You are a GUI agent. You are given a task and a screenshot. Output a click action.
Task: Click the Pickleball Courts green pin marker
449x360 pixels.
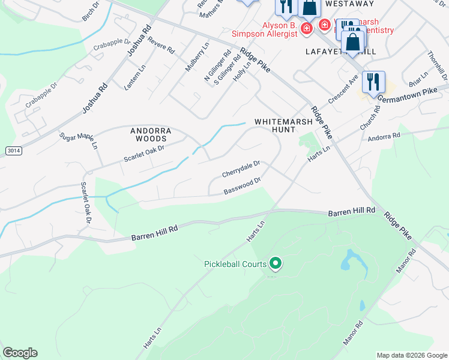276,263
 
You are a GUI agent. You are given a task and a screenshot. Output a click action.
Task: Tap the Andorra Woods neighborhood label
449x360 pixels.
151,134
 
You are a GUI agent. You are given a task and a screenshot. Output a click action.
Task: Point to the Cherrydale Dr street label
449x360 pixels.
241,168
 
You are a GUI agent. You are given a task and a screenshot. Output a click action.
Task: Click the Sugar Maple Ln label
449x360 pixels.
79,140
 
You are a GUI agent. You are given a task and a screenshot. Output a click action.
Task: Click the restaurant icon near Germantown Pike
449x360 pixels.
373,82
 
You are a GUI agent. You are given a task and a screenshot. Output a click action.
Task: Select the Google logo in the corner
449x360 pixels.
20,353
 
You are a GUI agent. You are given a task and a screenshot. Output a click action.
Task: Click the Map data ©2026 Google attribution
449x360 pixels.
412,355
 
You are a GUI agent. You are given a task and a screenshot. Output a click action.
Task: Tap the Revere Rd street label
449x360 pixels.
160,47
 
